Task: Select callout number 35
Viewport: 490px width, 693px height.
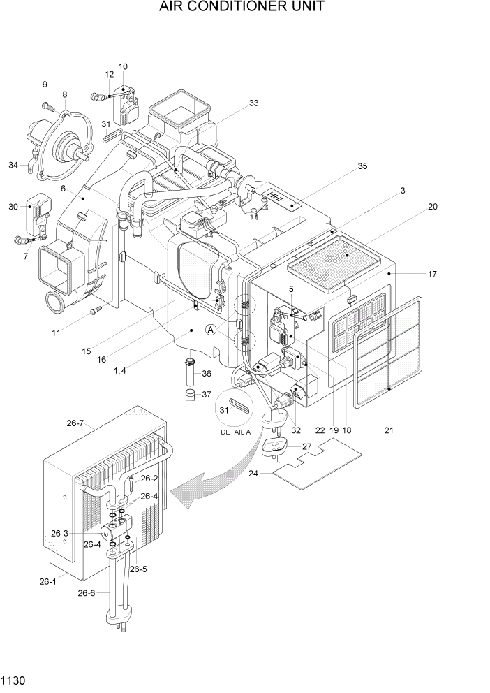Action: point(362,166)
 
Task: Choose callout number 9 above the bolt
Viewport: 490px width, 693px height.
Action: point(44,85)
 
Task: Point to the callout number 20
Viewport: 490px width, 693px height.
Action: point(432,207)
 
